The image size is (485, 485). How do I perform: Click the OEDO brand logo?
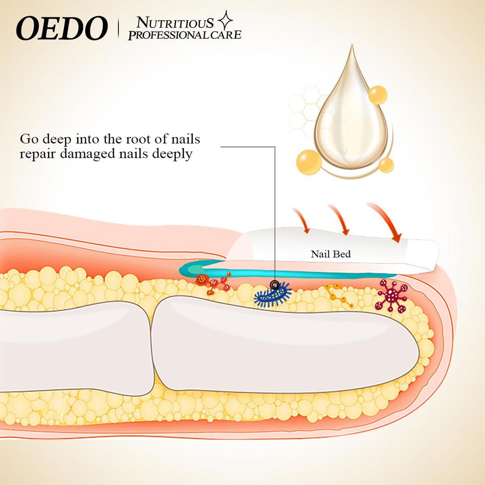pos(62,28)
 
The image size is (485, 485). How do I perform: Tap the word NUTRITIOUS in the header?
pos(175,23)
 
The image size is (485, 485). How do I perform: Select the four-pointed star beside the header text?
pos(225,21)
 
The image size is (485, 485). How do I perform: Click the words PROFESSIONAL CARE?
pos(185,35)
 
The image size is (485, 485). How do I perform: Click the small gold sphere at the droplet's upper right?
pos(377,95)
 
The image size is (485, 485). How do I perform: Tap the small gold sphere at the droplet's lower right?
pos(386,165)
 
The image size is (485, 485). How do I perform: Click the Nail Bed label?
pos(331,254)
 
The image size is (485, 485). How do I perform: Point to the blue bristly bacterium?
pos(272,296)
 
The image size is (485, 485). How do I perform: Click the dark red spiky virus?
pos(391,295)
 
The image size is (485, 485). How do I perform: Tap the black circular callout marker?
pos(275,285)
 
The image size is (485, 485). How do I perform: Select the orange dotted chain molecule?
pos(338,296)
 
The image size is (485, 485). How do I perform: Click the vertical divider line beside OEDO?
pos(118,28)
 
